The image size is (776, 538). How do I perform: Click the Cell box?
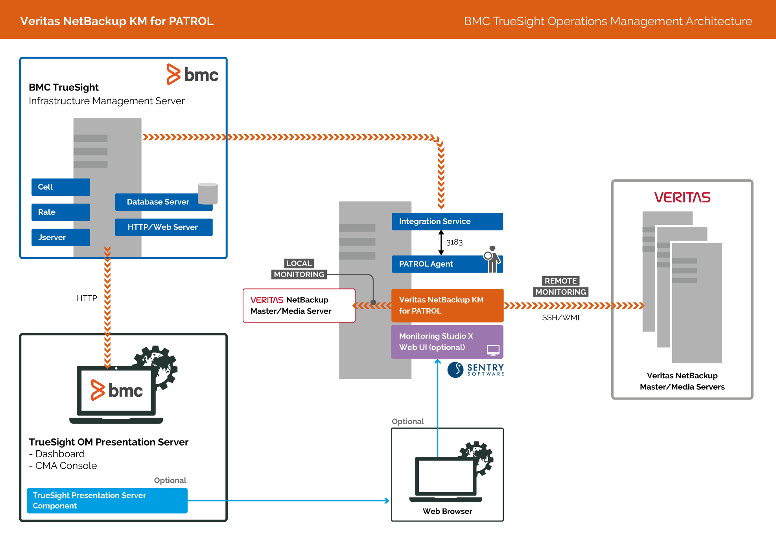click(x=61, y=187)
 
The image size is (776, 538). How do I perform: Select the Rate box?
click(x=61, y=212)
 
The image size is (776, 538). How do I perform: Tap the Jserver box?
click(x=61, y=238)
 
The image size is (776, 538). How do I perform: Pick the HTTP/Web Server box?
click(x=164, y=227)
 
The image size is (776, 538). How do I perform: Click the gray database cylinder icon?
click(x=208, y=193)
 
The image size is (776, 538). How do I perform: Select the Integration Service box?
click(x=447, y=221)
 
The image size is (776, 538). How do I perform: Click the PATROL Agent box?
click(x=437, y=264)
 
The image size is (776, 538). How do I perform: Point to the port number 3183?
click(x=454, y=242)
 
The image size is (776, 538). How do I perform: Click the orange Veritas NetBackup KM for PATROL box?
click(x=447, y=306)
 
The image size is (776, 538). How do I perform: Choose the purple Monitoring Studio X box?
click(x=447, y=342)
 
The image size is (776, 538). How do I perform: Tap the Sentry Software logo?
click(x=476, y=370)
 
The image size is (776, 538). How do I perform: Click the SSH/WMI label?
click(x=560, y=318)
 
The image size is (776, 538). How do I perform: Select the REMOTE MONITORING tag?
click(x=560, y=287)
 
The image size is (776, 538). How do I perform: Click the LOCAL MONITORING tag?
click(x=299, y=269)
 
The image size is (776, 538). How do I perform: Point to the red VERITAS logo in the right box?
click(x=682, y=197)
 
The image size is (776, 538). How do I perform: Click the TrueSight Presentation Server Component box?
click(x=107, y=501)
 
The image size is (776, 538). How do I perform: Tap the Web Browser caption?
click(x=447, y=511)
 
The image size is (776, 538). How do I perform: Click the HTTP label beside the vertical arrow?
click(x=87, y=298)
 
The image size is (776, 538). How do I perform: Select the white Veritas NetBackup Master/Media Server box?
click(x=299, y=306)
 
